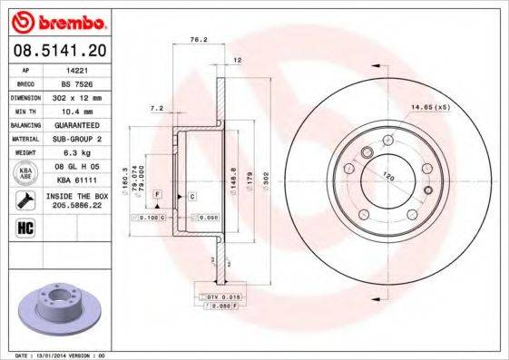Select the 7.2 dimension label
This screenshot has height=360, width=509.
pyautogui.click(x=155, y=108)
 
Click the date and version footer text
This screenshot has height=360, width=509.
pyautogui.click(x=60, y=355)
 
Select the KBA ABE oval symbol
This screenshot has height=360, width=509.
pyautogui.click(x=25, y=174)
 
